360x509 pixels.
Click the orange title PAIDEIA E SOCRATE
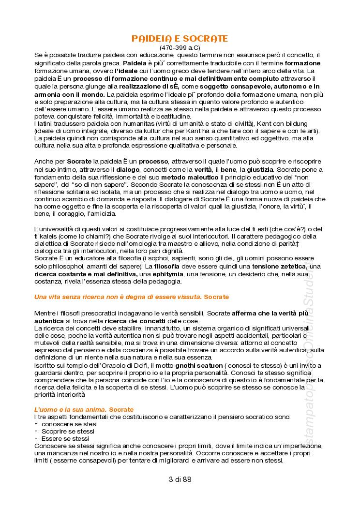(x=180, y=38)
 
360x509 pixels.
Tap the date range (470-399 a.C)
(x=180, y=47)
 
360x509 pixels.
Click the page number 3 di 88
(x=180, y=479)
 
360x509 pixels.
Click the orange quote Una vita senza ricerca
(x=132, y=296)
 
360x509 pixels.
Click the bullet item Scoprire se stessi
(x=68, y=431)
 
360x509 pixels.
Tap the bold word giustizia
(x=260, y=169)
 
